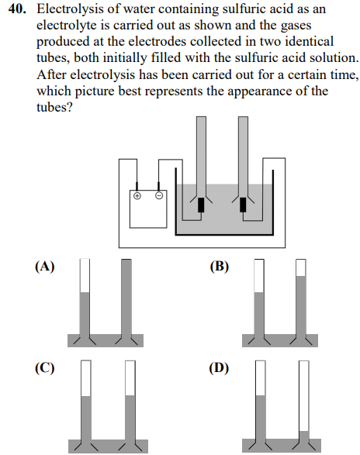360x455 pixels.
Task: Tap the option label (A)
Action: pos(45,266)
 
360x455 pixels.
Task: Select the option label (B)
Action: pos(220,266)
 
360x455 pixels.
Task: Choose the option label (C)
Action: pos(45,367)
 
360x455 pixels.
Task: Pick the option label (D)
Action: pos(220,367)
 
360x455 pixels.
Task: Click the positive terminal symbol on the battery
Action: pos(137,196)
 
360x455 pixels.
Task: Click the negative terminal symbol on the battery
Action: pos(159,196)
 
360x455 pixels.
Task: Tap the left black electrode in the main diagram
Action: pos(202,205)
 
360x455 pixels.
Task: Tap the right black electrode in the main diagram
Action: pos(244,205)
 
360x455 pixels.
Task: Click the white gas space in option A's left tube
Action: pos(85,275)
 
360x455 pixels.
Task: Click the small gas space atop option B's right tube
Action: pos(301,267)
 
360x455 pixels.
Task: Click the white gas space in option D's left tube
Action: pos(261,377)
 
